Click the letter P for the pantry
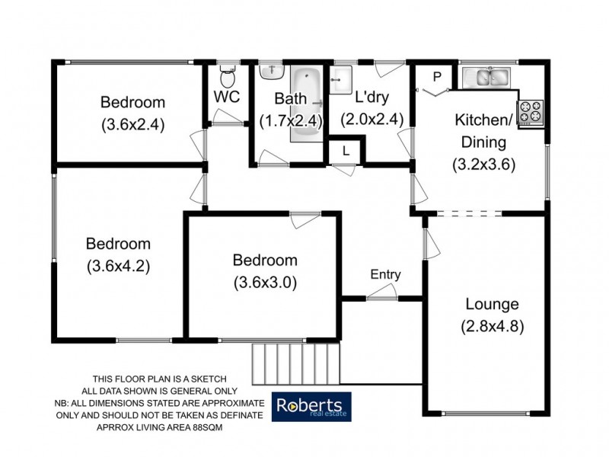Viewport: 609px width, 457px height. (x=436, y=76)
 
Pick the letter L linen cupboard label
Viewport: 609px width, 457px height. (x=346, y=151)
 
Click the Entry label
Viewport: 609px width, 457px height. (x=385, y=274)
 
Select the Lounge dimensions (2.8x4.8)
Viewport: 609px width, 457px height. (x=493, y=328)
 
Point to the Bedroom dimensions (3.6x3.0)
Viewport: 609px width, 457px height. (x=265, y=282)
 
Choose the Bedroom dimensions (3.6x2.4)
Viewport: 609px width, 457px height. (x=133, y=123)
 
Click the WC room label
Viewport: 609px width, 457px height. (x=227, y=98)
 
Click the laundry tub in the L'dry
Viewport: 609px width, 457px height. (x=340, y=77)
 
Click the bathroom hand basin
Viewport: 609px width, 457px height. (x=271, y=71)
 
